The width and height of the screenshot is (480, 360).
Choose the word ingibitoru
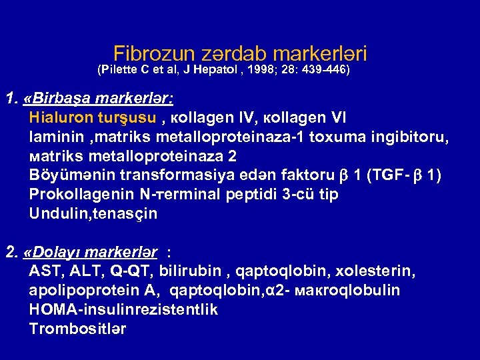tap(411, 138)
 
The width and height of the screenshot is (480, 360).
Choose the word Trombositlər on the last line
tap(78, 329)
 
